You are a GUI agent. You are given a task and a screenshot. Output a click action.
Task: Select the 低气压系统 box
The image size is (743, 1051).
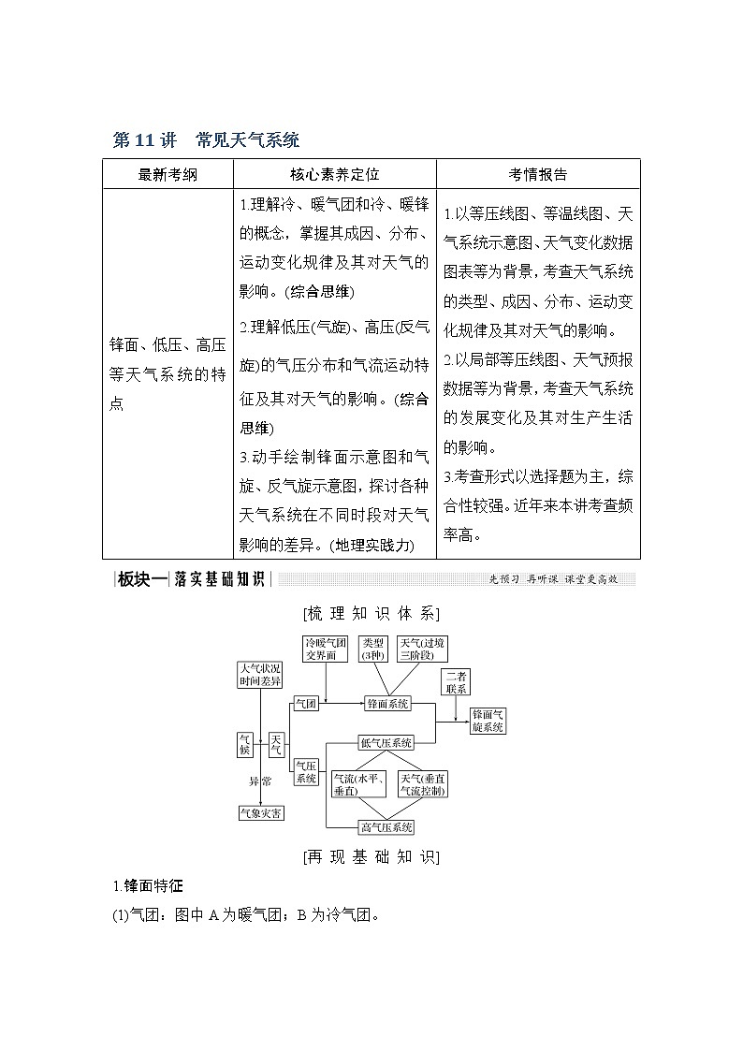coord(386,743)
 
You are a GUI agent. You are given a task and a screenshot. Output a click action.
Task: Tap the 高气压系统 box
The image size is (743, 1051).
coord(386,827)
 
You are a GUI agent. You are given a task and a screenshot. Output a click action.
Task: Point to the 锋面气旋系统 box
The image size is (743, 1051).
coord(488,720)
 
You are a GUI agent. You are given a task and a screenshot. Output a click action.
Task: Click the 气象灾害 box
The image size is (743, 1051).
coord(261,813)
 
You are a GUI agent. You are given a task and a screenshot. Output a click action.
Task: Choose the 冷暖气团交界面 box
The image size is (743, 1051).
coord(325,650)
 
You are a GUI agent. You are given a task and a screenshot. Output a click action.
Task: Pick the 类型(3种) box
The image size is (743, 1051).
coord(373,650)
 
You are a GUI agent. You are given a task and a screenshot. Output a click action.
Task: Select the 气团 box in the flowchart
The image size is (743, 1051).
coord(306,703)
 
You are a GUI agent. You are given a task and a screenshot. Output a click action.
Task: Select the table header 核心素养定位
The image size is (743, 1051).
coord(334,174)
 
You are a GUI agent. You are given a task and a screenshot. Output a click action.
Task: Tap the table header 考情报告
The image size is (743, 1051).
coord(537,174)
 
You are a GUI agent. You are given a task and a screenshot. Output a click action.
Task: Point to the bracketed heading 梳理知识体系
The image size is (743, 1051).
coord(371,614)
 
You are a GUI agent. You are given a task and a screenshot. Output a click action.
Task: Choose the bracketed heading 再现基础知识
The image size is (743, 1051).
coord(371,856)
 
